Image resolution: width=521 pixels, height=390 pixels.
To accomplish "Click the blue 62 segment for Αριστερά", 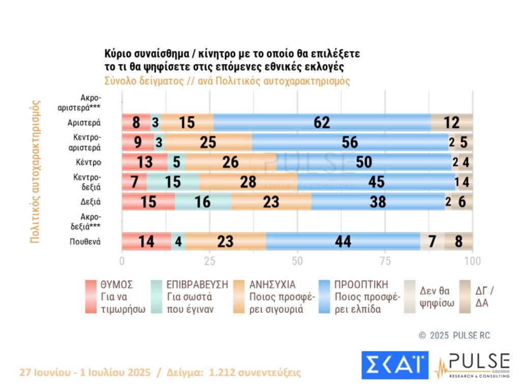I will (322, 123).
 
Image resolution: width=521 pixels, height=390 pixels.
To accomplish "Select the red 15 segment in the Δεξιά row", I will (148, 202).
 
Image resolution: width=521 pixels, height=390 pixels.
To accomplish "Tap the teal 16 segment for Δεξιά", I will (202, 202).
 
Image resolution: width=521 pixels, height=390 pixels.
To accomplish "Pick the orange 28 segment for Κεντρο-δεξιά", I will (248, 182).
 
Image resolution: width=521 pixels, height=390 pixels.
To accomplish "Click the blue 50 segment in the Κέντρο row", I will (364, 162).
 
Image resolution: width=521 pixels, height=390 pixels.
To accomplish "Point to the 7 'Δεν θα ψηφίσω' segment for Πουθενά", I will (432, 242).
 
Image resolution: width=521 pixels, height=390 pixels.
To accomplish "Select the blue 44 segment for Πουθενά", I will (342, 242).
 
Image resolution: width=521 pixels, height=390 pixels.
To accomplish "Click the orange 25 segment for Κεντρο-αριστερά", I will (208, 143).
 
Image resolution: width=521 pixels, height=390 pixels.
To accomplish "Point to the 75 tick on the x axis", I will (385, 262).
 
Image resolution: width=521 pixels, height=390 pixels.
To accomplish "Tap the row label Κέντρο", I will (88, 162).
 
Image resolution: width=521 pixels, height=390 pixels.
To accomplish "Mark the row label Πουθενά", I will (85, 242).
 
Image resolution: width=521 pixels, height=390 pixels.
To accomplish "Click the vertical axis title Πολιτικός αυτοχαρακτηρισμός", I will (35, 172).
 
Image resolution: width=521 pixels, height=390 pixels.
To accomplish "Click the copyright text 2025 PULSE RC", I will (460, 336).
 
